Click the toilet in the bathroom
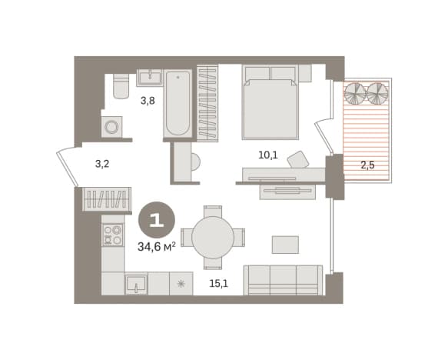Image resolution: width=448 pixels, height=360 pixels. tap(121, 86)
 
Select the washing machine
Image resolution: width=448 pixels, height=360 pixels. tap(111, 126)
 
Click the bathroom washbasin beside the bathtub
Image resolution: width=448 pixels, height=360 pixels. tap(150, 77)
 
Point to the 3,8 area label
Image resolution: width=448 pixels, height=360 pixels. tap(148, 101)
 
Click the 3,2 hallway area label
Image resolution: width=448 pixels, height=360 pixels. tap(102, 164)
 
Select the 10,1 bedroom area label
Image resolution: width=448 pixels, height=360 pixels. tap(267, 155)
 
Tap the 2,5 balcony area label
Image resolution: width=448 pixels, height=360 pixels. tap(367, 165)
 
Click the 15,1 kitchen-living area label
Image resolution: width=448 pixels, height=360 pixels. tap(218, 283)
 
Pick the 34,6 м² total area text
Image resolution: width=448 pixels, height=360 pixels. tap(157, 246)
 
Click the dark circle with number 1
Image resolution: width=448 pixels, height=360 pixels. tap(157, 220)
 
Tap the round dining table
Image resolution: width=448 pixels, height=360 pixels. tap(213, 238)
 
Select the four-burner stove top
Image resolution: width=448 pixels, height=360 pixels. tap(113, 235)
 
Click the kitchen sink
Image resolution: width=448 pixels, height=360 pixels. tap(136, 284)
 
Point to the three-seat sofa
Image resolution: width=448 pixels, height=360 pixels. tap(283, 280)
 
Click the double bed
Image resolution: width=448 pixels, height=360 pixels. tap(270, 103)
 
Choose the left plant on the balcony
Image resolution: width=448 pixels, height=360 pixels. tap(355, 94)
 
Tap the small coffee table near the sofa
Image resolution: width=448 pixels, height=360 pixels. tap(285, 245)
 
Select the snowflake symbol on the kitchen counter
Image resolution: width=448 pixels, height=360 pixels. tap(181, 284)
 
